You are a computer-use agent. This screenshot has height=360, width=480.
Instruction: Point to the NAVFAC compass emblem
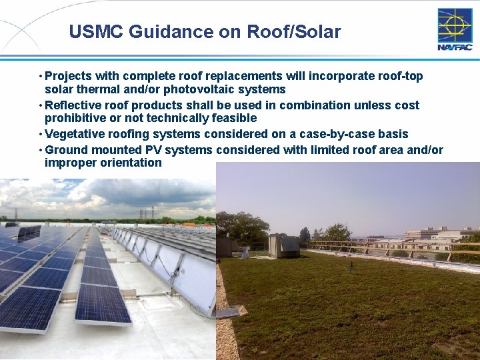(x=454, y=25)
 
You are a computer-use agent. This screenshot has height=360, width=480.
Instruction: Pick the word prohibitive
(x=74, y=118)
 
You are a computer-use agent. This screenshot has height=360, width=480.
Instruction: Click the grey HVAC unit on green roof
(x=283, y=245)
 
